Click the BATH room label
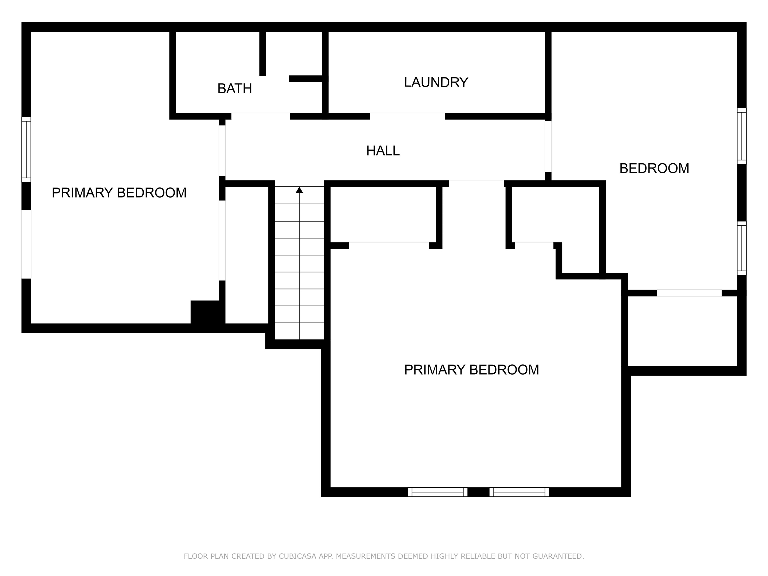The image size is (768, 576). pos(235,88)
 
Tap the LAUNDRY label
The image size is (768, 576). pos(436,82)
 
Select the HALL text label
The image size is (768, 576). pos(383,151)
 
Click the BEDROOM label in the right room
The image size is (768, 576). pos(654,168)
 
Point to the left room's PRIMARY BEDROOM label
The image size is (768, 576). pos(119,193)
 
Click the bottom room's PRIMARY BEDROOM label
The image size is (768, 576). pos(471,370)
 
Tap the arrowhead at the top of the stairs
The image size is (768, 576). pos(299,190)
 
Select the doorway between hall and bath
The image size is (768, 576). pos(260,116)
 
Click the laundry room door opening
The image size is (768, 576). pos(407,116)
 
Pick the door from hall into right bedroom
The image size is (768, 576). pos(548,146)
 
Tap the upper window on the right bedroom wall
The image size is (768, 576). pos(741,136)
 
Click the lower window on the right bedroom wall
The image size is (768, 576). pos(741,248)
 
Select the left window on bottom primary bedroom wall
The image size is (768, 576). pos(437,492)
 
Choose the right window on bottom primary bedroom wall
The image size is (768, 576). pos(519,492)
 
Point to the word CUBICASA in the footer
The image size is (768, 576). pos(297,556)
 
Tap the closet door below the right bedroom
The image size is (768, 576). pos(689,293)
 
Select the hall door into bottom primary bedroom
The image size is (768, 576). pos(476,184)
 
